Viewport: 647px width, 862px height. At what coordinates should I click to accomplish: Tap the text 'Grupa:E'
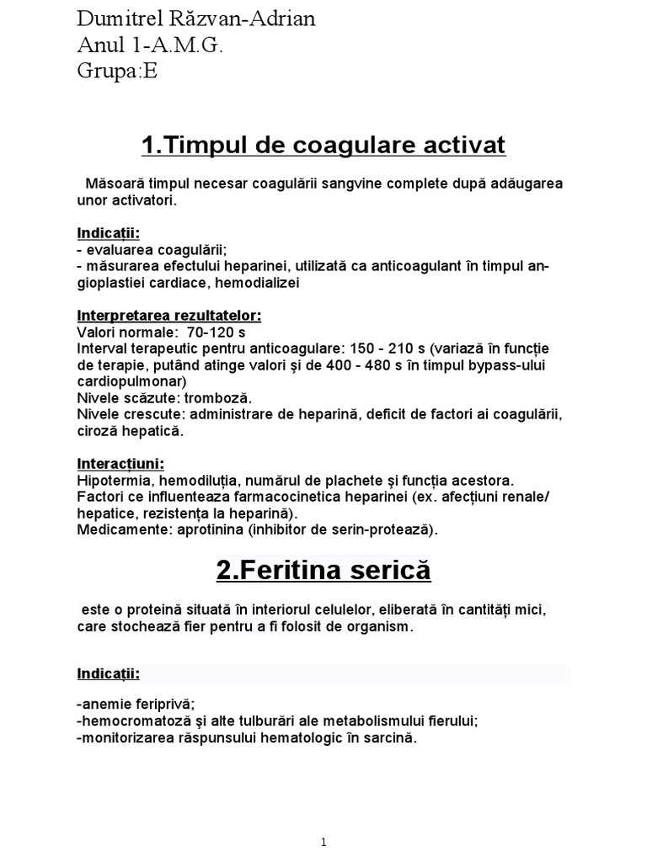point(116,72)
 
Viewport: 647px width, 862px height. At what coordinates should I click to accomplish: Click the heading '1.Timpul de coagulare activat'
point(323,146)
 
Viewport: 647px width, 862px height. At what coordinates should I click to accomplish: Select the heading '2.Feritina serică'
point(323,571)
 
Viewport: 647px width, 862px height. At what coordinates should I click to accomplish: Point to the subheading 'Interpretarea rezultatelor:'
point(169,316)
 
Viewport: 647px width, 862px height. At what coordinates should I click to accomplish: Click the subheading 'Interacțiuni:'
point(120,464)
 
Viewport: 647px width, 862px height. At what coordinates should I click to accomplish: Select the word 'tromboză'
point(221,397)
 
